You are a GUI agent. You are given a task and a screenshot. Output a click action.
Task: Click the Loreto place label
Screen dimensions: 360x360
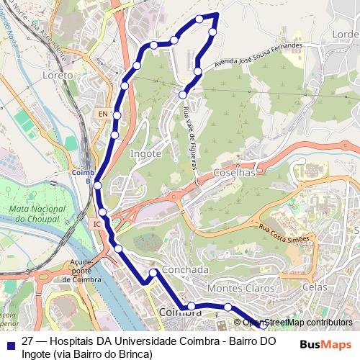58,75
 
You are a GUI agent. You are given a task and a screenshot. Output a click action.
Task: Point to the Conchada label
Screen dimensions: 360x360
185,270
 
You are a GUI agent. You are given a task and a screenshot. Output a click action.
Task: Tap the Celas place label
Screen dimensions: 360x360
315,287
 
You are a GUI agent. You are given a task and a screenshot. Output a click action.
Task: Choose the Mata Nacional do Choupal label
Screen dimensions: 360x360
35,213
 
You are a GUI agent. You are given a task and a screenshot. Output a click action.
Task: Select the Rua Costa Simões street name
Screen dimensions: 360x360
284,233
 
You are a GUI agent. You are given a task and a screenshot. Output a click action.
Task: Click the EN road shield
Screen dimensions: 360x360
103,114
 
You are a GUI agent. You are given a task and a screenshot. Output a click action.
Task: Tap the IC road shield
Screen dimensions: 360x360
96,224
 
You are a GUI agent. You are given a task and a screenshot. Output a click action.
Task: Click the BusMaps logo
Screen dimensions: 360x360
326,344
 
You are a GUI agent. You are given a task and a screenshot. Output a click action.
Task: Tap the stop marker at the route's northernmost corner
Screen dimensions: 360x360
199,19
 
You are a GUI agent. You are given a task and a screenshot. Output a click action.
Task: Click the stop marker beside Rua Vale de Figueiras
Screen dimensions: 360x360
183,94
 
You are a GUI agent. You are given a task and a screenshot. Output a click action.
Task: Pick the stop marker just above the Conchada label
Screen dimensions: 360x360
153,272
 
